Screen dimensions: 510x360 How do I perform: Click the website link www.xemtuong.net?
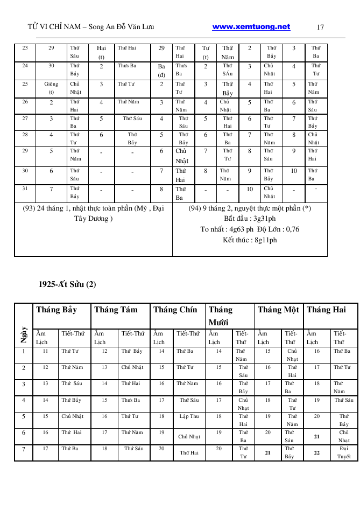pos(251,27)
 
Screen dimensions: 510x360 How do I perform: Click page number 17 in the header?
pos(321,27)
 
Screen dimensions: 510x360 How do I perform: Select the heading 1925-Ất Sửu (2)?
pos(67,284)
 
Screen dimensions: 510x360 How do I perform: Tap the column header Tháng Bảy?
pos(57,310)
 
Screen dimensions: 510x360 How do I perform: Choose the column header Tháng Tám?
pos(116,310)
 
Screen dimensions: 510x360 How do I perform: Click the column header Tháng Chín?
pos(175,310)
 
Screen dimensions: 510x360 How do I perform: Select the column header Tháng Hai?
pos(326,310)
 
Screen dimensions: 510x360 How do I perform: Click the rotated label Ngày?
pos(24,334)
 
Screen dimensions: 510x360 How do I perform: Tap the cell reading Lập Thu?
pos(189,416)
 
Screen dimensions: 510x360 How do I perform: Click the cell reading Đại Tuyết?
pos(344,452)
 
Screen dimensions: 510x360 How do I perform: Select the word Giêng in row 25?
pos(51,84)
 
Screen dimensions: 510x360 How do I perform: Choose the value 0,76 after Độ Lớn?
pos(292,229)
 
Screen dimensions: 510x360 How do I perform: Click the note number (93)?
pos(30,208)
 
